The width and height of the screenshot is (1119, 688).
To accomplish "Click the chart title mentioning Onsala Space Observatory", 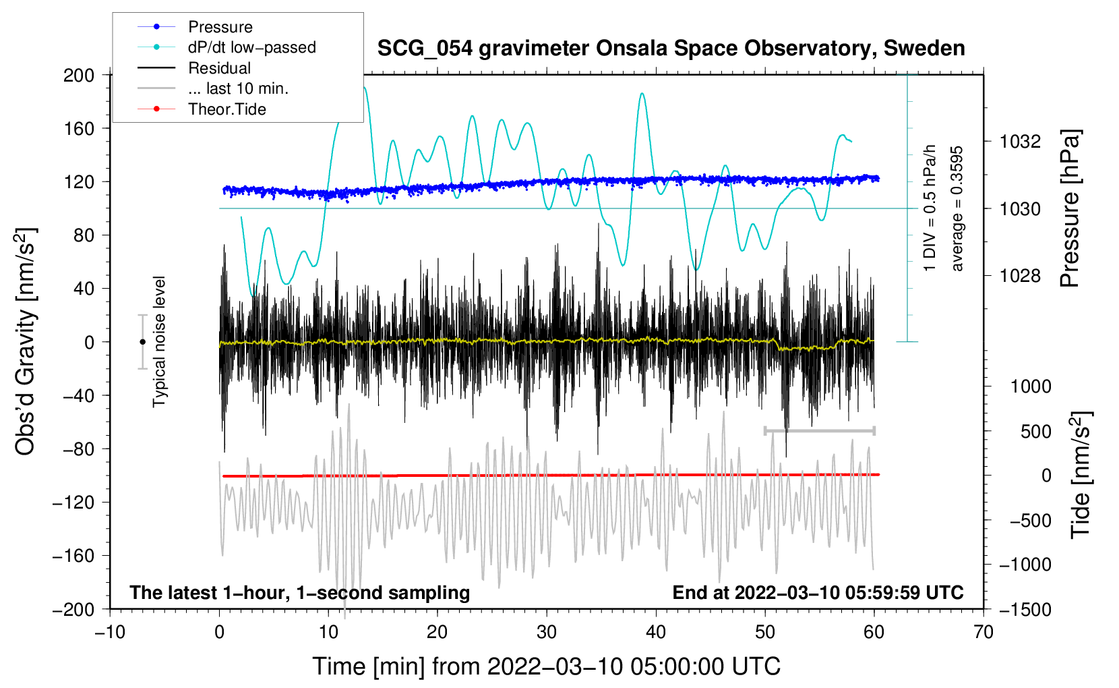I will click(x=671, y=49).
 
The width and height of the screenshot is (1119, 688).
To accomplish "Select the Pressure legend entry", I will click(x=220, y=27).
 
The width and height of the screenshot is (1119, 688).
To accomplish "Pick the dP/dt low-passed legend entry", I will click(x=251, y=47).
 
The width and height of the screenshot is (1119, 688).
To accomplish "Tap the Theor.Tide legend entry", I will click(x=226, y=109).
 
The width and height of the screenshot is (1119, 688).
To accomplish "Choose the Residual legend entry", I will click(x=219, y=68).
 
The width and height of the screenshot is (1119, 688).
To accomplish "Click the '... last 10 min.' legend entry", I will click(x=238, y=88).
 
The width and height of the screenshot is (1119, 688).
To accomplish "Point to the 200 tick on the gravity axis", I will click(x=79, y=75).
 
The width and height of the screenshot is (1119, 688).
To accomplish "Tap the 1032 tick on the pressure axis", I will click(x=1021, y=142).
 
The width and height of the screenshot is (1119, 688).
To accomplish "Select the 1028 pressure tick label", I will click(x=1021, y=275).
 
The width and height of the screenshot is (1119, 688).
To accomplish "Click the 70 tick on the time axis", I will click(x=984, y=632).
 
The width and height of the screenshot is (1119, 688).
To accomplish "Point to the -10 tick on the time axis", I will click(x=110, y=632).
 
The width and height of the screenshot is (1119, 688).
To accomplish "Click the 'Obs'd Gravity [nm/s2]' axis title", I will click(x=26, y=342).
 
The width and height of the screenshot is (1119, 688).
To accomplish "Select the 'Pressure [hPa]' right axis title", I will click(x=1070, y=209).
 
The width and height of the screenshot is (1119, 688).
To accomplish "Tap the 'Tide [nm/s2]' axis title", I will click(x=1081, y=475).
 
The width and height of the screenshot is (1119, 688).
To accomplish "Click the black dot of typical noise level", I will click(x=142, y=342).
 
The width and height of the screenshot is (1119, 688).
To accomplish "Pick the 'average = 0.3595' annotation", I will click(x=957, y=208).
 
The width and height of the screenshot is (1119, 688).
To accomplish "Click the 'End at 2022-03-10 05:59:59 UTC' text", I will click(x=818, y=592).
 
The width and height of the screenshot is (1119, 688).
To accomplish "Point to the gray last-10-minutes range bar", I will click(x=819, y=430).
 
